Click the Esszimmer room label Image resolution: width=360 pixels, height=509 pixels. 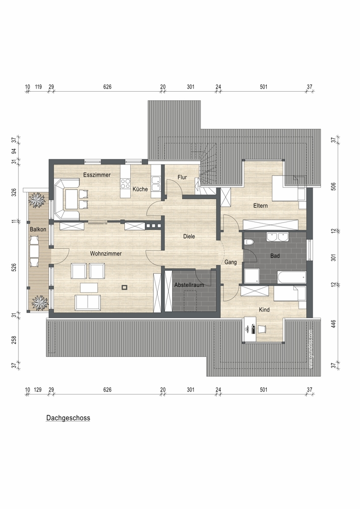97,175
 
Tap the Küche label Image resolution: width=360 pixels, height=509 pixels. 140,189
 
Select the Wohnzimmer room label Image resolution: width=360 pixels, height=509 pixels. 106,253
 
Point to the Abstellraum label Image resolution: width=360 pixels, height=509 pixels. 189,285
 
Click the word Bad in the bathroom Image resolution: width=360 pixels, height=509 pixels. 275,256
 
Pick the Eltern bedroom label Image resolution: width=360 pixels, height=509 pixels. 260,206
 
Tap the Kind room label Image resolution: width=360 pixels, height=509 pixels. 264,309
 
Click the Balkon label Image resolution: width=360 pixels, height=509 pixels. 38,229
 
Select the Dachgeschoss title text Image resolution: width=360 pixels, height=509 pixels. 68,418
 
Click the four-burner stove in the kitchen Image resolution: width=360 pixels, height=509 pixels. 125,184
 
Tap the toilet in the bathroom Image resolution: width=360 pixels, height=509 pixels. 250,242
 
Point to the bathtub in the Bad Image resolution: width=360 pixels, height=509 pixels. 291,277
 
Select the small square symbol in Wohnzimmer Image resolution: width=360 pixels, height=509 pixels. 125,287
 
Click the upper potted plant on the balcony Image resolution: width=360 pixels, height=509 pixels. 38,200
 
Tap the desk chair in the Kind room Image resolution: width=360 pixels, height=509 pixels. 262,329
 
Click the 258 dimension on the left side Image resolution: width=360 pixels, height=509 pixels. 14,340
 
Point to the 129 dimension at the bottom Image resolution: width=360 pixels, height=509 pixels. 38,389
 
